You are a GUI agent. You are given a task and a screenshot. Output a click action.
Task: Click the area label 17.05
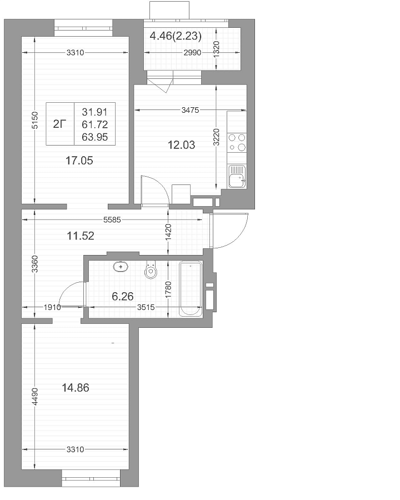point(79,161)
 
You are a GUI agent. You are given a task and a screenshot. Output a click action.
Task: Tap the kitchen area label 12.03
point(181,145)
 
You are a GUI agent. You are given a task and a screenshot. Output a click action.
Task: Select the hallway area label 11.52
point(81,236)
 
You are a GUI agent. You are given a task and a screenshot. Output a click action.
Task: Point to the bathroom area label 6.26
point(122,297)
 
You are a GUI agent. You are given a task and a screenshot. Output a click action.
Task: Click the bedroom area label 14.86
point(76,388)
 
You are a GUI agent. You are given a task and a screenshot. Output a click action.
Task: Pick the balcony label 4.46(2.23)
point(176,36)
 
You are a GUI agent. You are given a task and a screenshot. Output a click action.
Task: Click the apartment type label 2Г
point(60,124)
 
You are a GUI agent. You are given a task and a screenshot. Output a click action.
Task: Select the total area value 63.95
point(95,137)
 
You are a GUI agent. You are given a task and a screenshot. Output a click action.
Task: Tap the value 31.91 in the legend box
point(95,112)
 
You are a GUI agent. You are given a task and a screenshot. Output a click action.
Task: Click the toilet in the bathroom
point(151,270)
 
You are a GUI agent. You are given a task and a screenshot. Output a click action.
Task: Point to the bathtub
point(191,289)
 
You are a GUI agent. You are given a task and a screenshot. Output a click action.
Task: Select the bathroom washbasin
point(121,266)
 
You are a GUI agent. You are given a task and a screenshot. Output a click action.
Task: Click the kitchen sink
point(237,177)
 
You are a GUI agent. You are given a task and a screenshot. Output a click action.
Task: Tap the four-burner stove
point(237,142)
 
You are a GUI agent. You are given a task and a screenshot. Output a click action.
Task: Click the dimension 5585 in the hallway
point(112,219)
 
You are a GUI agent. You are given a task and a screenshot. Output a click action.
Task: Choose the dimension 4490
point(35,396)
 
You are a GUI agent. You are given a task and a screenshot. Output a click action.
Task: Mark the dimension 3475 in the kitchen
point(190,111)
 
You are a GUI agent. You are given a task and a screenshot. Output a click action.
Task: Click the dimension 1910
point(52,307)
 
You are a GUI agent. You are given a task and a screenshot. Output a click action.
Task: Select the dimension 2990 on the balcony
point(192,53)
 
